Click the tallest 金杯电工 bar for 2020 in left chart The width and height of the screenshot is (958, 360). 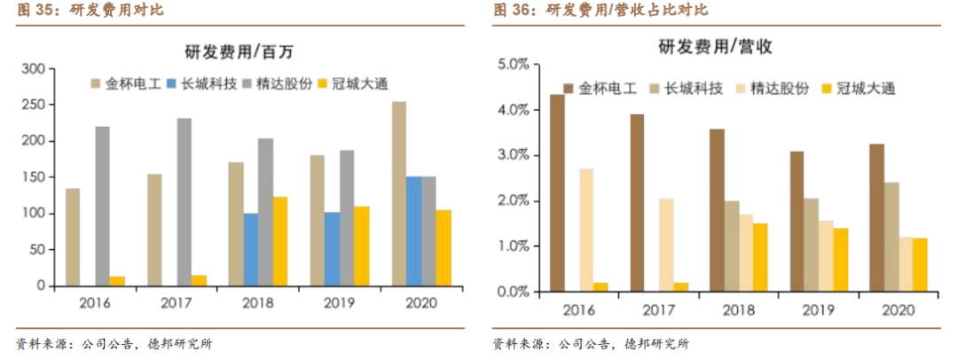coord(399,193)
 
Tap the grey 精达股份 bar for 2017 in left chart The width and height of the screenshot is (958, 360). coord(184,202)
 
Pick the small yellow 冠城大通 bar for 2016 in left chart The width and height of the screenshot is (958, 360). coord(117,281)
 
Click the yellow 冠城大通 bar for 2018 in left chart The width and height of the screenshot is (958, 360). coord(279,241)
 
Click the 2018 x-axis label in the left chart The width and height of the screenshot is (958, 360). coord(257,303)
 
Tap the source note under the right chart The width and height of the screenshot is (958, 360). coord(590,344)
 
